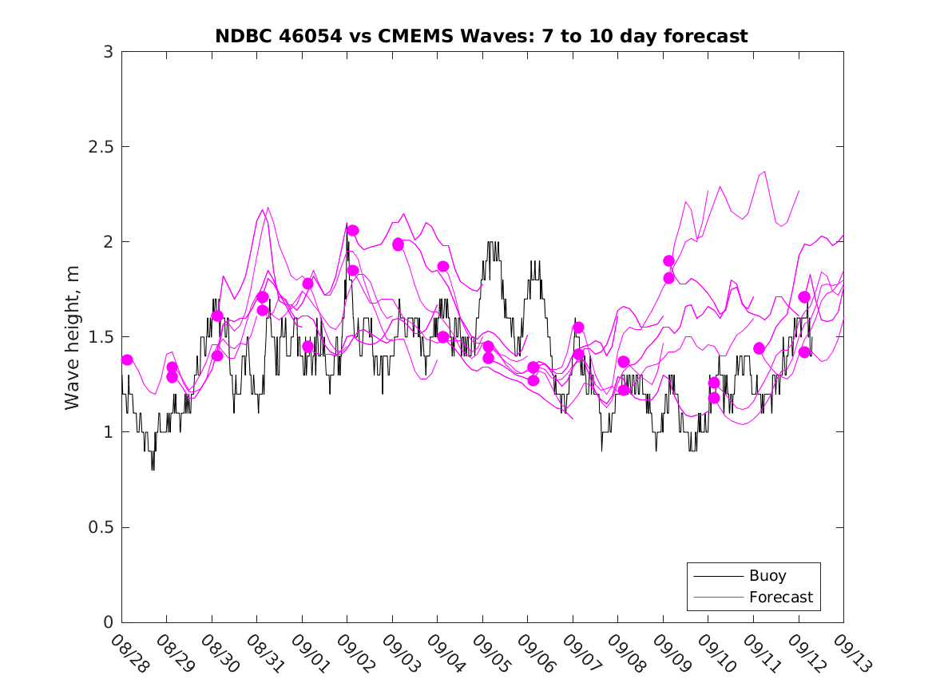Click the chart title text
[482, 36]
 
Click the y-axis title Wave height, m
[73, 337]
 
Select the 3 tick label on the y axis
[107, 52]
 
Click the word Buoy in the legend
[767, 575]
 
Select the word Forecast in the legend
[780, 597]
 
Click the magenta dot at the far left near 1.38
[127, 360]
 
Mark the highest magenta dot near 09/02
[353, 230]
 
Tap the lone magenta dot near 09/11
[759, 348]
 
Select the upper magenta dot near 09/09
[669, 260]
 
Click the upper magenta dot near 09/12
[804, 297]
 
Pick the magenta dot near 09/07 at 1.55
[579, 328]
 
